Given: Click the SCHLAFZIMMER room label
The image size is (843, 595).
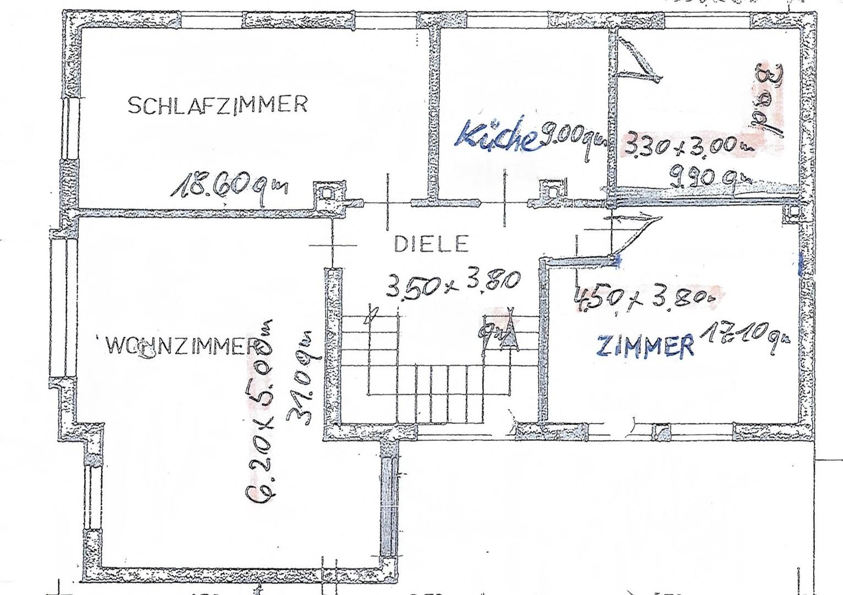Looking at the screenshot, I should point(217,105).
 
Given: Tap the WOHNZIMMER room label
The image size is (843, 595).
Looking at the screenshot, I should point(182,347).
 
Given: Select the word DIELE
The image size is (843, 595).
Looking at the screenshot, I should point(431,244).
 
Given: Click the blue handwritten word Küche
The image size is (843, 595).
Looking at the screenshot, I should point(497,135).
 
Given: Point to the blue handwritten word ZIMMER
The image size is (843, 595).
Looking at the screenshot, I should point(645,346).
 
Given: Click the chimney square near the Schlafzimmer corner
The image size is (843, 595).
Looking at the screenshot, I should point(325,193).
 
